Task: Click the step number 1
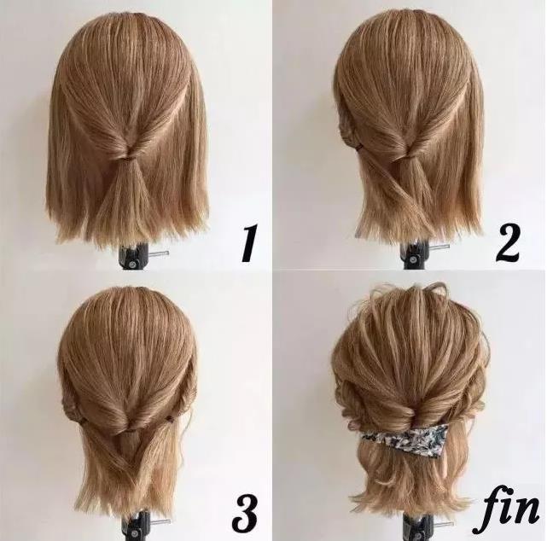click(250, 243)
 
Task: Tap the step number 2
click(508, 243)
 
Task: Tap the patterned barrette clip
click(404, 437)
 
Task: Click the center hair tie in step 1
click(129, 157)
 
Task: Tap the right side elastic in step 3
click(170, 417)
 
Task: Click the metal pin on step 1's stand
click(158, 253)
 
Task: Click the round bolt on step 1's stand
click(132, 264)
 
